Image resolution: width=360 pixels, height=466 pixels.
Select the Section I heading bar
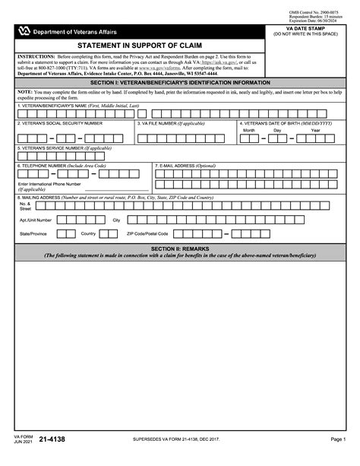tap(179, 82)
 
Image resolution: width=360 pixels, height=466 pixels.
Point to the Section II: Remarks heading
tap(179, 249)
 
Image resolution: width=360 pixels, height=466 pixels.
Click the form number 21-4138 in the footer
tap(49, 439)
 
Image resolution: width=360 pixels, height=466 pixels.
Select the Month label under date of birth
tap(249, 130)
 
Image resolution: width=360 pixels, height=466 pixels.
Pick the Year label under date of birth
tap(315, 130)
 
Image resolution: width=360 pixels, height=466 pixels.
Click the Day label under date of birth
tap(278, 130)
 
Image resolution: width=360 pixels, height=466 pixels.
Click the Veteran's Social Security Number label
tap(60, 122)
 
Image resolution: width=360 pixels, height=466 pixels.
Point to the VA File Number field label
tap(172, 122)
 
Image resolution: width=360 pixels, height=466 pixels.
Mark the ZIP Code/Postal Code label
tap(147, 233)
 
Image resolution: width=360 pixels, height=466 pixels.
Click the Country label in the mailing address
tap(88, 233)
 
